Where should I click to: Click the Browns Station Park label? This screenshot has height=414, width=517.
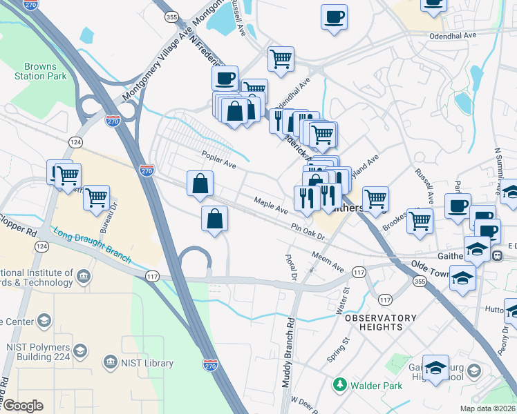40,72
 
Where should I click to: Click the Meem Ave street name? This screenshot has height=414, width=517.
327,263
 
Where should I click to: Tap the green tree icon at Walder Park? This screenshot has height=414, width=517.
339,384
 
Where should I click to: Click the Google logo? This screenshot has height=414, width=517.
23,406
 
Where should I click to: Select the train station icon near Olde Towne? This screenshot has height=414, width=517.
496,255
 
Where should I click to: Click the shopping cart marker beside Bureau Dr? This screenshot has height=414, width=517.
96,198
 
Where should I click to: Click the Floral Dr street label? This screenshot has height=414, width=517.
291,266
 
